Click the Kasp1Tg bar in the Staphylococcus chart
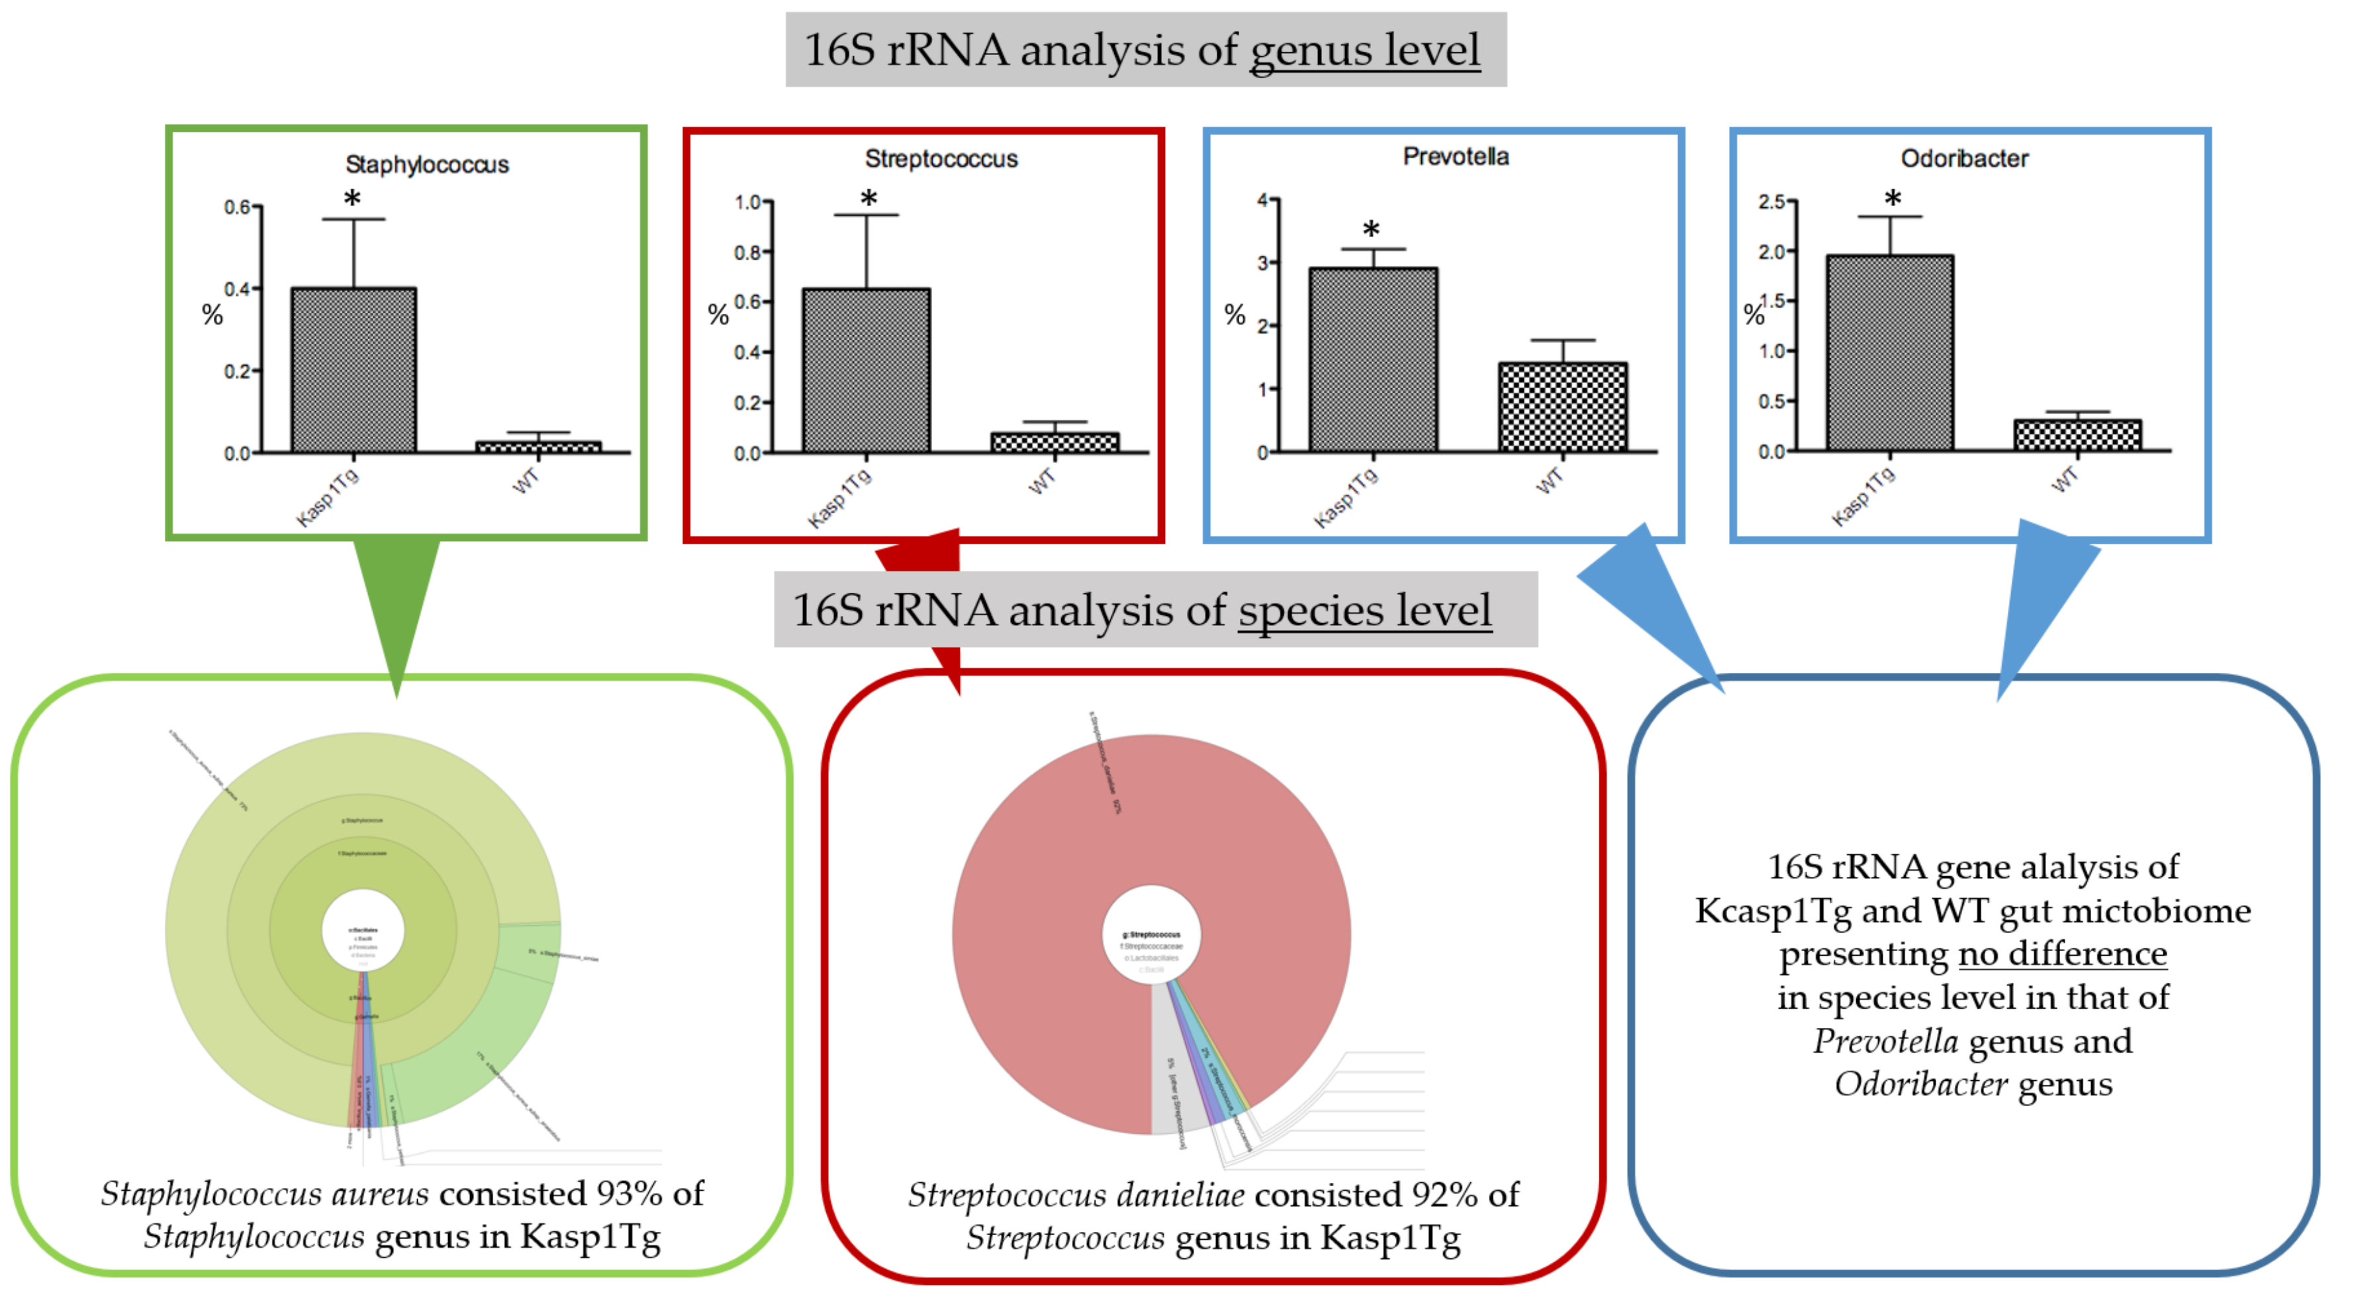point(353,370)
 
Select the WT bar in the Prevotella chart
point(1563,407)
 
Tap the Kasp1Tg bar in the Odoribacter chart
point(1890,353)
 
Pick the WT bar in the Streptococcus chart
point(1055,442)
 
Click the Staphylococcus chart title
point(427,164)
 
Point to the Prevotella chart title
point(1456,156)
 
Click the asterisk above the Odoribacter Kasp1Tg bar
point(1893,198)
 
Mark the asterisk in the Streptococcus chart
point(868,198)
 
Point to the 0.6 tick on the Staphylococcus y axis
point(238,207)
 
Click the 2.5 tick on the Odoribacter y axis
point(1773,201)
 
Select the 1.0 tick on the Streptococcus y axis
point(749,202)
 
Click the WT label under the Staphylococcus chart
point(526,481)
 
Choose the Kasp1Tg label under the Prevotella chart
point(1346,498)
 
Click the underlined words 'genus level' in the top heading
point(1364,50)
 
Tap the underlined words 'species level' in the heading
point(1364,610)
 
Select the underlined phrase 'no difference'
point(2063,954)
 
